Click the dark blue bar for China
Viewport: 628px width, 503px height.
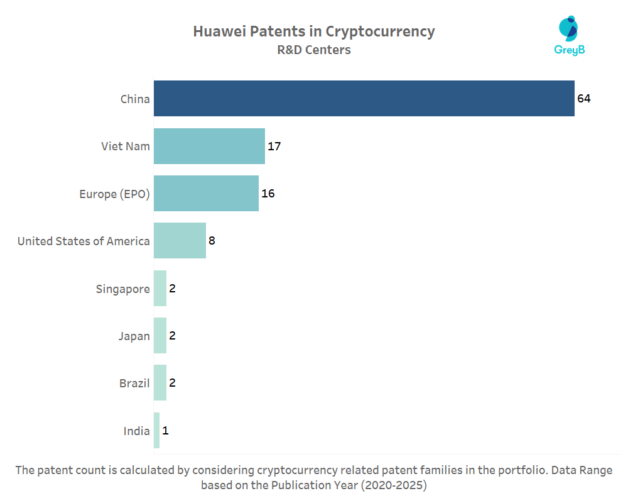point(364,98)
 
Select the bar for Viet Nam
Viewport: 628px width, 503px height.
point(209,146)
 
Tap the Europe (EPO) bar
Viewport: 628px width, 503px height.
point(206,193)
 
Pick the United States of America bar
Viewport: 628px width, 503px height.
point(180,240)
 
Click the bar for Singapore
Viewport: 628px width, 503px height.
point(160,289)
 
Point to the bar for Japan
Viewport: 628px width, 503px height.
point(160,336)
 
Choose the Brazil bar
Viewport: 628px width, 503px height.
point(160,382)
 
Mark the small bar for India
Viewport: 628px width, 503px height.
point(156,431)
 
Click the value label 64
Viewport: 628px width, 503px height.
point(584,99)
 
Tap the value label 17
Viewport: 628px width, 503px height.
point(274,146)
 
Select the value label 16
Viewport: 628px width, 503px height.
point(268,194)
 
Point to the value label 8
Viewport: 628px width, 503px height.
point(212,241)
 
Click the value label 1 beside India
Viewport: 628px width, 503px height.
point(165,431)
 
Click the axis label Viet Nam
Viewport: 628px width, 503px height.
point(126,146)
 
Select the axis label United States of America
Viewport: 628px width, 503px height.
point(84,241)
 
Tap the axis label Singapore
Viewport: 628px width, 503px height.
point(122,289)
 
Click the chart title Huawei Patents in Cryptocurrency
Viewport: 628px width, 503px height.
point(313,31)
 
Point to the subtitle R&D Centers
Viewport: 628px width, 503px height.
point(313,50)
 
